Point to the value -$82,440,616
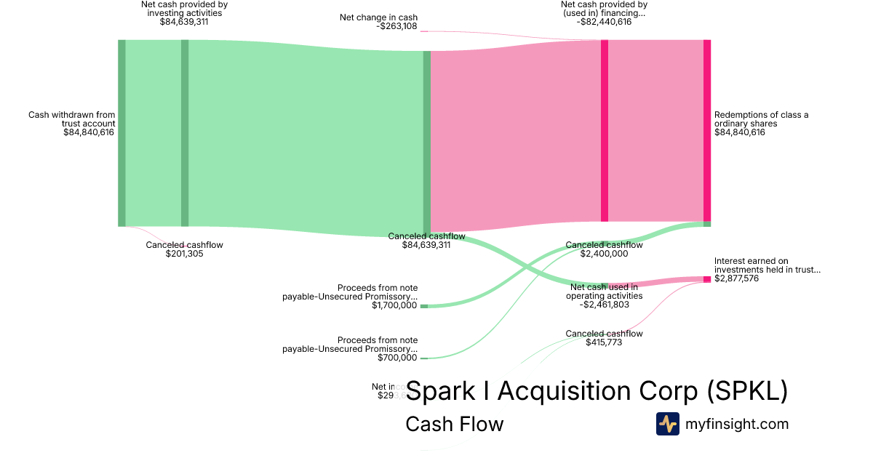[x=604, y=22]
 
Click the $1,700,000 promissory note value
[x=394, y=305]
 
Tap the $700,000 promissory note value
[x=397, y=358]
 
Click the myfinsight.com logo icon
[x=668, y=424]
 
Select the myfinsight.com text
[x=737, y=424]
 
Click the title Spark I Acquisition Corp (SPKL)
[x=597, y=391]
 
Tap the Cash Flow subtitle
[x=454, y=424]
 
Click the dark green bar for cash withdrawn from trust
[x=121, y=133]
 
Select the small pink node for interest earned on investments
[x=706, y=279]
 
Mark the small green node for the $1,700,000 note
[x=424, y=306]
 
